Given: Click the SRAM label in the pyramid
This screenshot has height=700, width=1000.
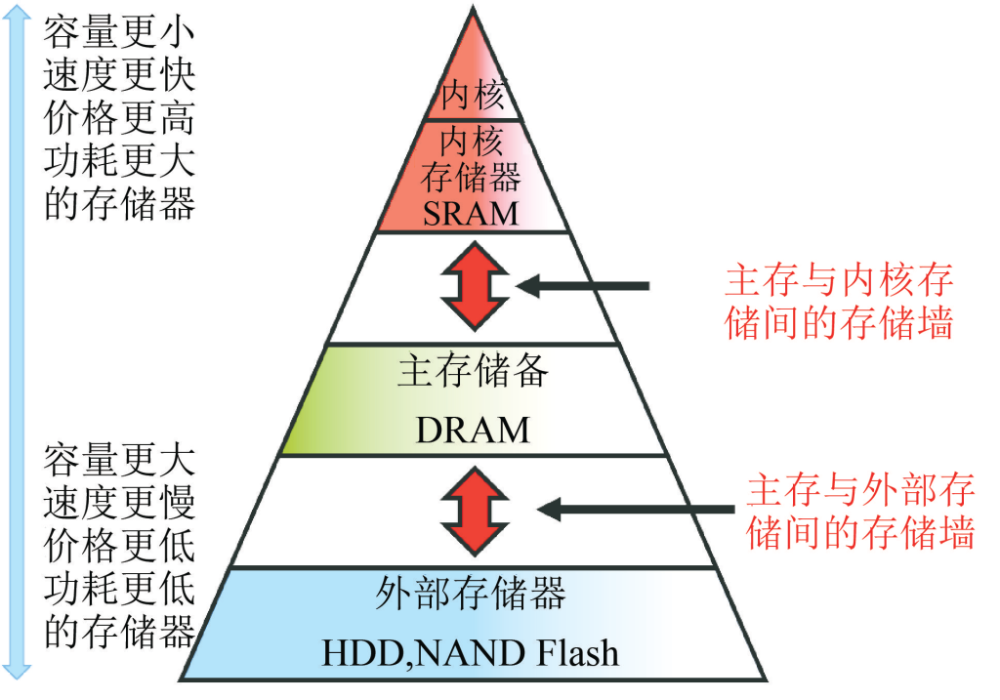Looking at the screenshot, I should pyautogui.click(x=471, y=213).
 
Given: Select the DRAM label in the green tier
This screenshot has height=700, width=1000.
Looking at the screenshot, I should pyautogui.click(x=473, y=430).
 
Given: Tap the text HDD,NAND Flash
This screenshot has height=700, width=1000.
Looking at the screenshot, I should pyautogui.click(x=471, y=652).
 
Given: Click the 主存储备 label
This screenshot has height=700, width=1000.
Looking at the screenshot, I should pyautogui.click(x=473, y=372).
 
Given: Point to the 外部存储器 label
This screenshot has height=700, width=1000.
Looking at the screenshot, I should pyautogui.click(x=471, y=594).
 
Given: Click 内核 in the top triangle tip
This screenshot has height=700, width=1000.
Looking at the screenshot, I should pyautogui.click(x=473, y=96).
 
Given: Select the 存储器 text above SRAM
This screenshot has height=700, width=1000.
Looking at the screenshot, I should pyautogui.click(x=471, y=177).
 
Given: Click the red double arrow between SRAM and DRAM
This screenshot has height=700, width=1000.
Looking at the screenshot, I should pyautogui.click(x=473, y=287).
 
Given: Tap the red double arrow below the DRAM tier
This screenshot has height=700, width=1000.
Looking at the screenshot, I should pyautogui.click(x=473, y=510).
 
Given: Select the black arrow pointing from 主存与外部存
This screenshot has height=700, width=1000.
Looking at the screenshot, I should pyautogui.click(x=635, y=509).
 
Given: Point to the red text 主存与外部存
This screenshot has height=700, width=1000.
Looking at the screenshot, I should pyautogui.click(x=860, y=489).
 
